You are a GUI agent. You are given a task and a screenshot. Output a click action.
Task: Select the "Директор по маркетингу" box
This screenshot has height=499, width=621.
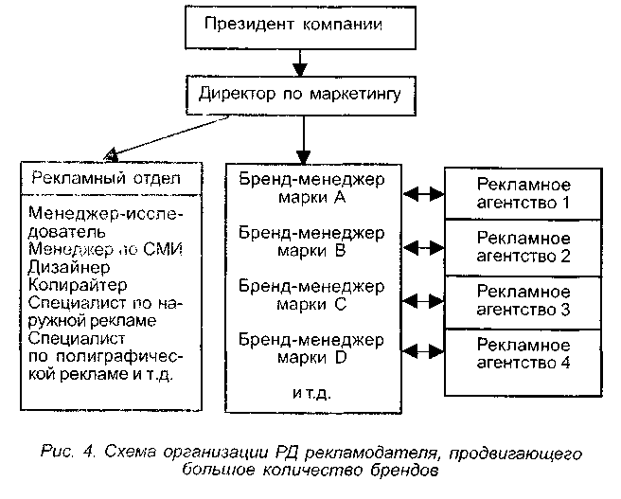click(299, 96)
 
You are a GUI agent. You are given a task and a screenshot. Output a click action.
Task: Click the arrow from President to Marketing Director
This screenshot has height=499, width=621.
click(298, 63)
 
